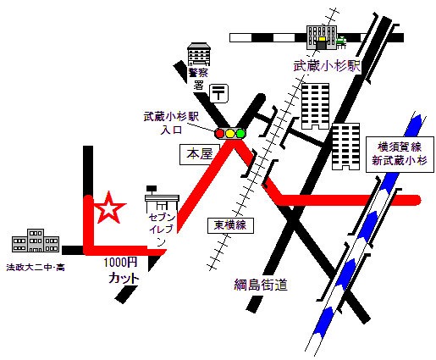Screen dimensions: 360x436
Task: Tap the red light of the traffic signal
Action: point(220,133)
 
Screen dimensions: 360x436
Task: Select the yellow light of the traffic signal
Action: point(230,133)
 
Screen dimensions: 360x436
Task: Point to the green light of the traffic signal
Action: point(240,133)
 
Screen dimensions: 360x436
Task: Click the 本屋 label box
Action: point(198,155)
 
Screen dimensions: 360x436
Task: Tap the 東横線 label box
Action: point(229,225)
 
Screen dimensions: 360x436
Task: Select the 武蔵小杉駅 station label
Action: point(327,66)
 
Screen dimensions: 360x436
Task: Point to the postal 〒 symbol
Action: point(218,91)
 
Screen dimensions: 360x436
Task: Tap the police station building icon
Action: point(199,53)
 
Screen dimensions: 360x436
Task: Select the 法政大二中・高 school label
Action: point(35,267)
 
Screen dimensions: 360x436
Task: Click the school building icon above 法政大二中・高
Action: point(34,241)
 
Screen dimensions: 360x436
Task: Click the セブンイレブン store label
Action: point(162,230)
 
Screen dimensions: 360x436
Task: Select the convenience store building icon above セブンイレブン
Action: point(161,200)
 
